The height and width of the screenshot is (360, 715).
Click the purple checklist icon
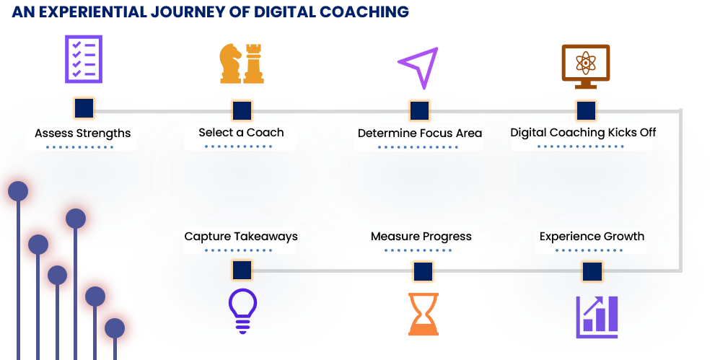84,59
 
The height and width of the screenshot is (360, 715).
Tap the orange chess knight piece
230,63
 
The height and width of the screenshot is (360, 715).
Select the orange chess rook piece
253,63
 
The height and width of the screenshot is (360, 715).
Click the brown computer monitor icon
586,66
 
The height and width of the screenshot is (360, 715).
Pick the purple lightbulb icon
242,311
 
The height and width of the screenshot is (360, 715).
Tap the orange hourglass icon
424,314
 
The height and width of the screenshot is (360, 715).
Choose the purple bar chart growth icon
597,317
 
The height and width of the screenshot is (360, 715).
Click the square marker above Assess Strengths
84,108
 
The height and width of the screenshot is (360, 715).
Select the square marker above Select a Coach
242,110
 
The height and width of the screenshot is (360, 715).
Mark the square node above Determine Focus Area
419,110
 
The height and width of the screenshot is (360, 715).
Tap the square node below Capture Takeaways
242,271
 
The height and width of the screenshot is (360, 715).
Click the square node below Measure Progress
424,271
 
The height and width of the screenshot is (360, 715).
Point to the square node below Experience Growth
592,271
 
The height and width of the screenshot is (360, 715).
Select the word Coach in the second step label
266,133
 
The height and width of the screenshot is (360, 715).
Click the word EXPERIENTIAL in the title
92,12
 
